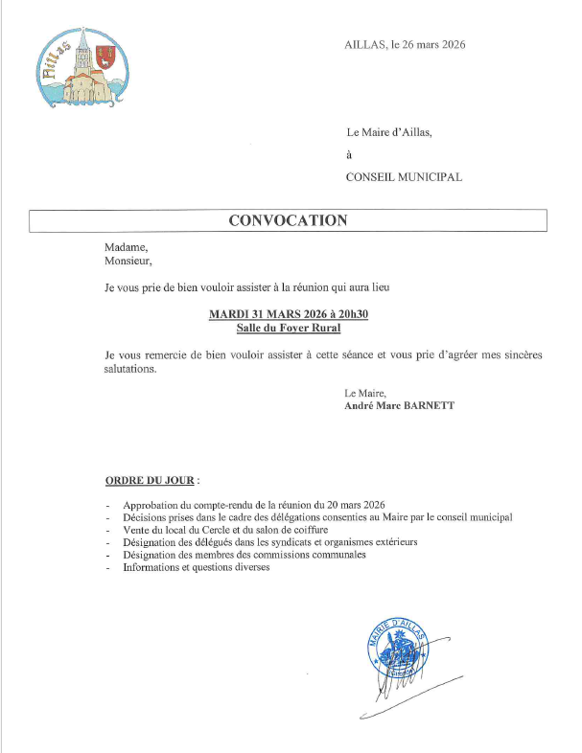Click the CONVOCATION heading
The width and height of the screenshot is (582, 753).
[288, 220]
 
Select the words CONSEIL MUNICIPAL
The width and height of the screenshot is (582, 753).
[404, 177]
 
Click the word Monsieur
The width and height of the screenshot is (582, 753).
[128, 259]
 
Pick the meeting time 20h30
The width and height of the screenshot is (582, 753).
[350, 314]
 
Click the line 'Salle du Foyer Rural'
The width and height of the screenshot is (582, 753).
[288, 328]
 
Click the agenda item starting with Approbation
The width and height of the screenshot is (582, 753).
[254, 505]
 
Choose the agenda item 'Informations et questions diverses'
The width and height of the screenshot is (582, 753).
[197, 567]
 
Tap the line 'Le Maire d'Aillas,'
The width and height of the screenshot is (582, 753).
[389, 133]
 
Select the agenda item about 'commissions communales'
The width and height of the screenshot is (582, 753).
[244, 555]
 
